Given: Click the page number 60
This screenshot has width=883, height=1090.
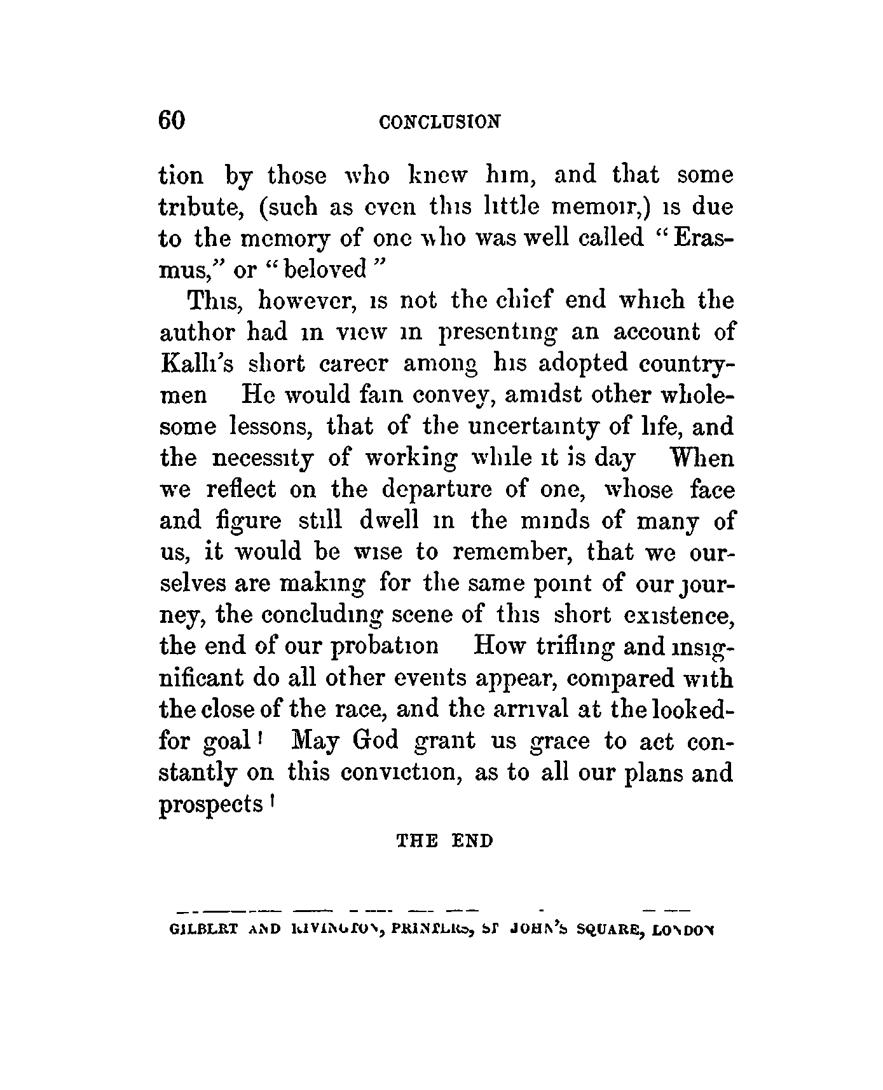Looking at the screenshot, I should click(172, 119).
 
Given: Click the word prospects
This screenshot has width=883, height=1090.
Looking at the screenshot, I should click(210, 805).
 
